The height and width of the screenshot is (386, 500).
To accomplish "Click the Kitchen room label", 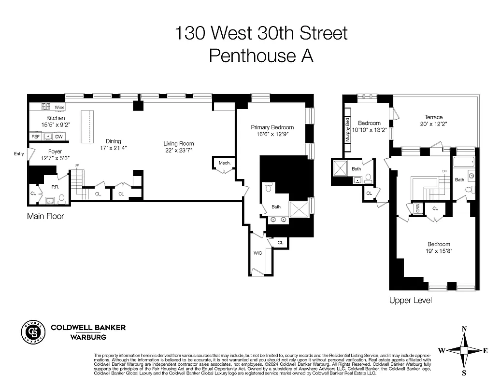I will tap(56, 118).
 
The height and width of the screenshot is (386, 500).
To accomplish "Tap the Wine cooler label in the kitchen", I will tap(59, 107).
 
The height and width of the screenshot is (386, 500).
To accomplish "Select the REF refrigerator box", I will tap(36, 137).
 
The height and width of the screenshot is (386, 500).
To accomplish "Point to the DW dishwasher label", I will tap(59, 137).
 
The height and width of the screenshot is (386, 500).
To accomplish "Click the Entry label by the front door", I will tap(19, 154).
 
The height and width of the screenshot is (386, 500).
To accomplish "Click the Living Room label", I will tap(178, 144).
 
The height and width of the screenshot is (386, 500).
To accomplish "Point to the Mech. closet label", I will tap(225, 163).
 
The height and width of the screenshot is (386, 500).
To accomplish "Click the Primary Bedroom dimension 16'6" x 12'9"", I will tap(272, 135).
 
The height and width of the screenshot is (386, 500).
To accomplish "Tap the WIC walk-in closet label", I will tap(258, 253).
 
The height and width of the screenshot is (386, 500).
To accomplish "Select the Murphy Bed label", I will tap(347, 130).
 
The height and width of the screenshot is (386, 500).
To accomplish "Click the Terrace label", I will tap(433, 117).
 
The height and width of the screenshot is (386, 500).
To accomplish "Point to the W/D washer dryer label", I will tap(417, 208).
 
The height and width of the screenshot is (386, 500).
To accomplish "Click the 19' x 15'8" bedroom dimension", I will tap(439, 251).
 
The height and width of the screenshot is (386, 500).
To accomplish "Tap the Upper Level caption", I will tap(410, 301).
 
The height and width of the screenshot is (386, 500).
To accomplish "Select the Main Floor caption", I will tap(45, 217).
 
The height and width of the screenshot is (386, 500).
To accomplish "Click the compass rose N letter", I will tap(464, 329).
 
